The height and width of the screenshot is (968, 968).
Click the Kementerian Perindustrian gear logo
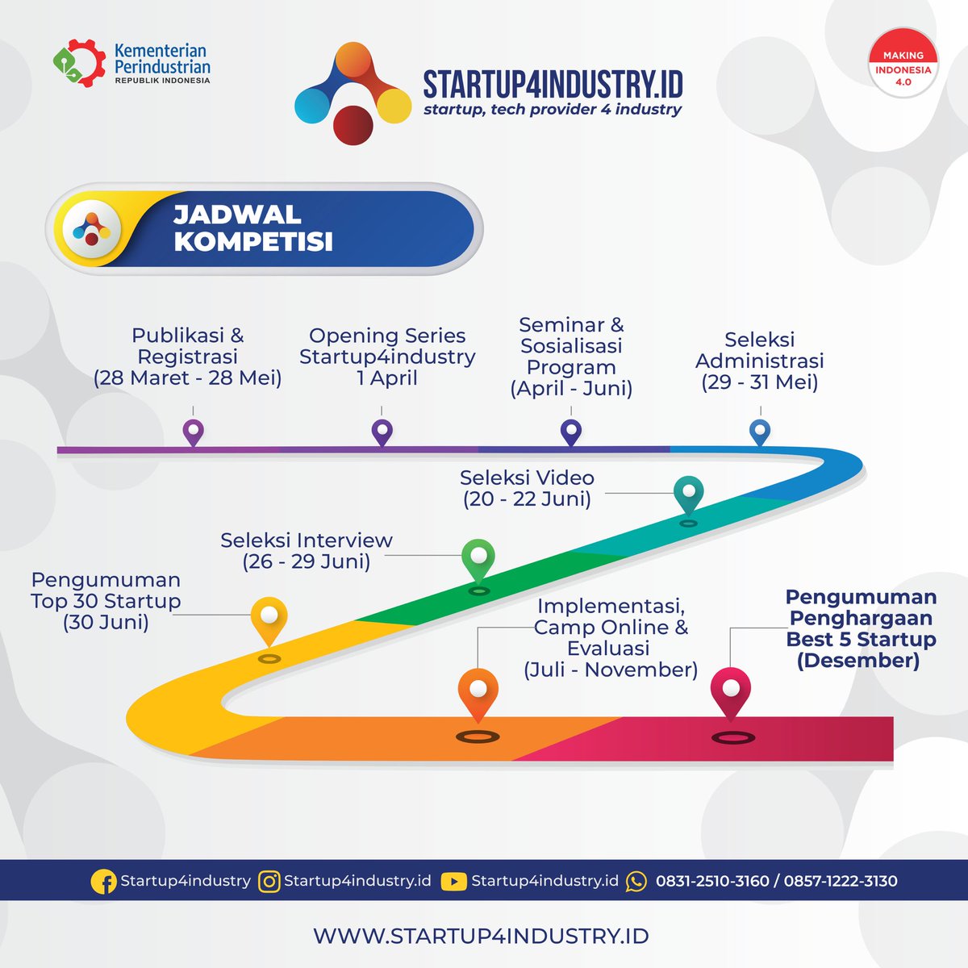(x=79, y=63)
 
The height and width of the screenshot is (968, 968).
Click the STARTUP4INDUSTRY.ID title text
(x=553, y=84)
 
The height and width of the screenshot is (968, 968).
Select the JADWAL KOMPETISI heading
(x=253, y=228)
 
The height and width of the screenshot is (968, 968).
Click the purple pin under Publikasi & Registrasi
(x=193, y=432)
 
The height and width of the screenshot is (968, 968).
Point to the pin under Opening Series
(x=382, y=432)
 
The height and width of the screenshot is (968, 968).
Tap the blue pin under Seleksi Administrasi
(x=760, y=432)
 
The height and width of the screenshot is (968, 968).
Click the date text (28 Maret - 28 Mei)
(x=187, y=378)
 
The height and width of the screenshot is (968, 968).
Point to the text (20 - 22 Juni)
(x=527, y=499)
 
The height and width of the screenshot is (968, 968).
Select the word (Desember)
(x=858, y=660)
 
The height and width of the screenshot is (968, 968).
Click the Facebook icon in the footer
(x=103, y=881)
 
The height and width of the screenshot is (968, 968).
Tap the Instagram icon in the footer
(x=269, y=882)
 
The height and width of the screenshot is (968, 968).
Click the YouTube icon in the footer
(x=453, y=882)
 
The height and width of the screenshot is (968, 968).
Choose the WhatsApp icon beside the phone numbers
(x=636, y=882)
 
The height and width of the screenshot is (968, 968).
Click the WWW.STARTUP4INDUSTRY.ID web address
(x=482, y=936)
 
